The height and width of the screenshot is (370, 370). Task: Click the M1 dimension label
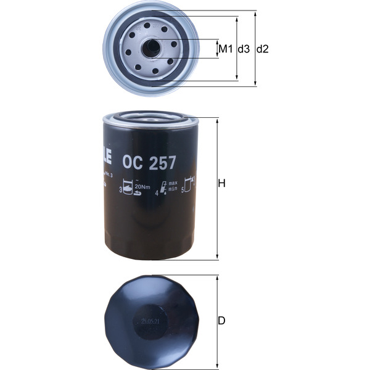(x=225, y=49)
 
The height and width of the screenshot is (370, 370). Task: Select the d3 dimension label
(x=244, y=49)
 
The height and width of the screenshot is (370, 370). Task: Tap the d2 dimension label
(x=263, y=49)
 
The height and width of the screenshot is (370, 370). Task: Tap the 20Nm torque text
(x=142, y=187)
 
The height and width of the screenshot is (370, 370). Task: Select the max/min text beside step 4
(x=173, y=187)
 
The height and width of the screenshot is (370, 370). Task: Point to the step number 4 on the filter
(x=157, y=192)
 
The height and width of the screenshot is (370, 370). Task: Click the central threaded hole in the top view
(x=151, y=47)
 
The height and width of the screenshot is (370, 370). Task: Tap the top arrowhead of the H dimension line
(x=216, y=120)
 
